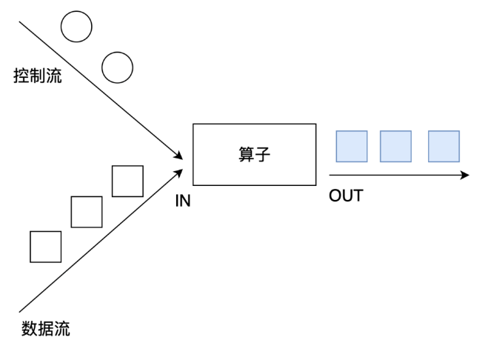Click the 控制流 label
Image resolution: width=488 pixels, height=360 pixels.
38,76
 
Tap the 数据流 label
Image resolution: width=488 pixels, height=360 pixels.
46,329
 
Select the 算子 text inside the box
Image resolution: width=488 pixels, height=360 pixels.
254,155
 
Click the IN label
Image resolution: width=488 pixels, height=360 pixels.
182,201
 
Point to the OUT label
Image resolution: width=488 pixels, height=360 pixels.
346,196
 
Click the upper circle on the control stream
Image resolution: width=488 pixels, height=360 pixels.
76,27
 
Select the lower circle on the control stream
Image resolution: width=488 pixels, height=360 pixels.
117,67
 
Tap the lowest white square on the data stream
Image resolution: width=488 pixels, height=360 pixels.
46,247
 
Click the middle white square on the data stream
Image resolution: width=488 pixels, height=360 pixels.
87,212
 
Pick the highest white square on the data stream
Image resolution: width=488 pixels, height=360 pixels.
127,181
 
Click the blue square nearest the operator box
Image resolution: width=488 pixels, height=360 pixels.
352,146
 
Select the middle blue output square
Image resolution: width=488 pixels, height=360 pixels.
395,146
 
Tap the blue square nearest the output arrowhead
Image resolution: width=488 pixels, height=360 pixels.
444,146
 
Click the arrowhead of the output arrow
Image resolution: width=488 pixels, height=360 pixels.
465,176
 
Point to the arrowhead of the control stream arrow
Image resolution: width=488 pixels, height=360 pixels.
178,156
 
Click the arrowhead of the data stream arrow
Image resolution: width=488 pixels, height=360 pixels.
178,170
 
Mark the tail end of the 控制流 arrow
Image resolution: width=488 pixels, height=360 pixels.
19,22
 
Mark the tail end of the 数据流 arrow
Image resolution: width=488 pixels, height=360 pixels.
19,311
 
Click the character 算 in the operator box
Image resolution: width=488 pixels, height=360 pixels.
246,155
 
